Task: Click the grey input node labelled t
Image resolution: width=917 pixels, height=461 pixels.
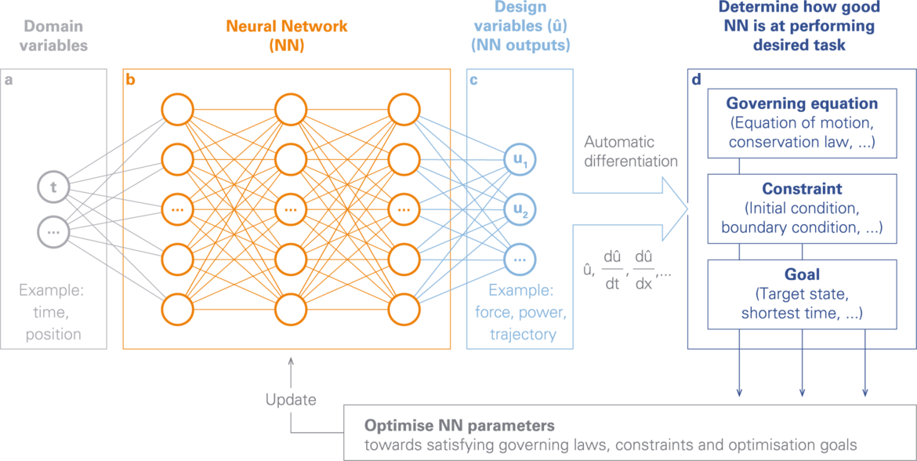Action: [x=53, y=187]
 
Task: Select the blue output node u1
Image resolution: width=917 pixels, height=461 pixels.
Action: [x=520, y=160]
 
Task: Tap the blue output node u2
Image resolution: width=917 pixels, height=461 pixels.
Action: [x=520, y=209]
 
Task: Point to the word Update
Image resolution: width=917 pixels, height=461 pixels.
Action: [x=291, y=400]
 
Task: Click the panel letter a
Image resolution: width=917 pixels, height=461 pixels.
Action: [x=8, y=80]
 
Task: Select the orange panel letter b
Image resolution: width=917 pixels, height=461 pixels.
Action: [x=130, y=79]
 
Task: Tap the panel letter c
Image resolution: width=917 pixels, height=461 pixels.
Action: [x=473, y=80]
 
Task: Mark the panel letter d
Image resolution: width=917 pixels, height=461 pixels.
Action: [x=697, y=79]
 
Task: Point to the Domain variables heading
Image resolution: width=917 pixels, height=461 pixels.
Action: [x=53, y=36]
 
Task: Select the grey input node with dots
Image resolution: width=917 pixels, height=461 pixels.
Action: [x=53, y=231]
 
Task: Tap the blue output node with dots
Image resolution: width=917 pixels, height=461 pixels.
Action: [x=520, y=258]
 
